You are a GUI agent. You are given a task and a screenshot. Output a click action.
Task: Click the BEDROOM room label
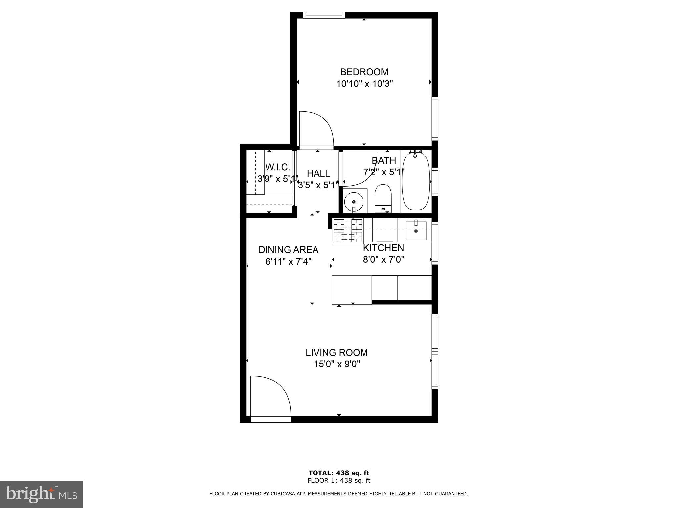[x=364, y=72]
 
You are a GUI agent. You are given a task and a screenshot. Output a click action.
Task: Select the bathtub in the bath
[x=416, y=181]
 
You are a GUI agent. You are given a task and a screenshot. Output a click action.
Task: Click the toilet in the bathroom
[x=383, y=198]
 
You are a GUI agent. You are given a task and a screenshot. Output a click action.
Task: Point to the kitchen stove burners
[x=348, y=231]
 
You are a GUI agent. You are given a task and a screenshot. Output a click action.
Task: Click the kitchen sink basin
[x=416, y=231]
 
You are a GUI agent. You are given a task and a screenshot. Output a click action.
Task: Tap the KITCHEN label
[x=383, y=248]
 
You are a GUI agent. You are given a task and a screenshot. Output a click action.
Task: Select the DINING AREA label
[x=288, y=250]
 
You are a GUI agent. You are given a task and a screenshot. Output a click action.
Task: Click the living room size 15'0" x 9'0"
[x=337, y=364]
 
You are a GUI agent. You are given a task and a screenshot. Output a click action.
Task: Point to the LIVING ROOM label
[x=336, y=353]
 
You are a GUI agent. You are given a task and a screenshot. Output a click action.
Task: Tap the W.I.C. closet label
[x=277, y=167]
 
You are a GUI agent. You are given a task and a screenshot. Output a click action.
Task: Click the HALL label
[x=318, y=173]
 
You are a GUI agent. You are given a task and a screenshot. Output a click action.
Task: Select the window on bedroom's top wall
[x=324, y=15]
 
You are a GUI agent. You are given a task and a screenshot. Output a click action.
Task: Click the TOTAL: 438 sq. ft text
[x=339, y=473]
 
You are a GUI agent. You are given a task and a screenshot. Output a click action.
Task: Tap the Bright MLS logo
[x=41, y=494]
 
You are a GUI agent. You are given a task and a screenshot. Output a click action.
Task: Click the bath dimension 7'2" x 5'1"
[x=384, y=172]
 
